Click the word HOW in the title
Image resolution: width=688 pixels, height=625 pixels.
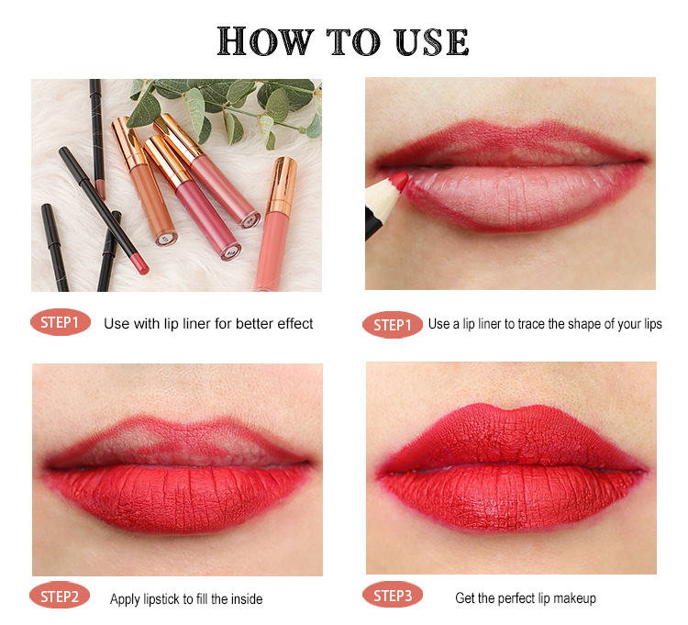pos(265,41)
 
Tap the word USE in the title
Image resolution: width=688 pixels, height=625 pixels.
pos(431,41)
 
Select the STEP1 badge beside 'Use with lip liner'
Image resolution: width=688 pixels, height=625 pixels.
pos(61,322)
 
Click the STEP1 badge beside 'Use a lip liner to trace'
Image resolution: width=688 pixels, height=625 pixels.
pos(393,325)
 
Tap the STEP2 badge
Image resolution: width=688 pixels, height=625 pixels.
pos(60,597)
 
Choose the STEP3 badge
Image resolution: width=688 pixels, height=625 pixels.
pos(393,595)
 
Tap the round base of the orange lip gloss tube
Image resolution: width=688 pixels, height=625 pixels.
pos(166,238)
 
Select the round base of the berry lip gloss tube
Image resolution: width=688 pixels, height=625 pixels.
pos(230,251)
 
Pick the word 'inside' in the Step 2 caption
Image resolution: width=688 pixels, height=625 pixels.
pos(247,598)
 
